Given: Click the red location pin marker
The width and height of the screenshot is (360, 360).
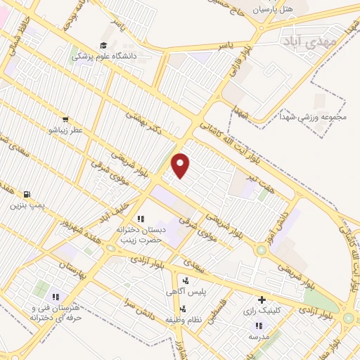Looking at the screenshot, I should pyautogui.click(x=181, y=165).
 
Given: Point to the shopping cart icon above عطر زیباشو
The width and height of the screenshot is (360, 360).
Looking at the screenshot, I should pyautogui.click(x=65, y=120).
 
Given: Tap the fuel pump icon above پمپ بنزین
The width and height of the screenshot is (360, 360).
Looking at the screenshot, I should pyautogui.click(x=27, y=194).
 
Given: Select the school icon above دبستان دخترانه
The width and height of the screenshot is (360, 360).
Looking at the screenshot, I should pyautogui.click(x=140, y=219).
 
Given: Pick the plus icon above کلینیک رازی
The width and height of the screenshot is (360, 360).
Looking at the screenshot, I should pyautogui.click(x=262, y=300).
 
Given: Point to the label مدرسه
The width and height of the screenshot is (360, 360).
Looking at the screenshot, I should pyautogui.click(x=259, y=337).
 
